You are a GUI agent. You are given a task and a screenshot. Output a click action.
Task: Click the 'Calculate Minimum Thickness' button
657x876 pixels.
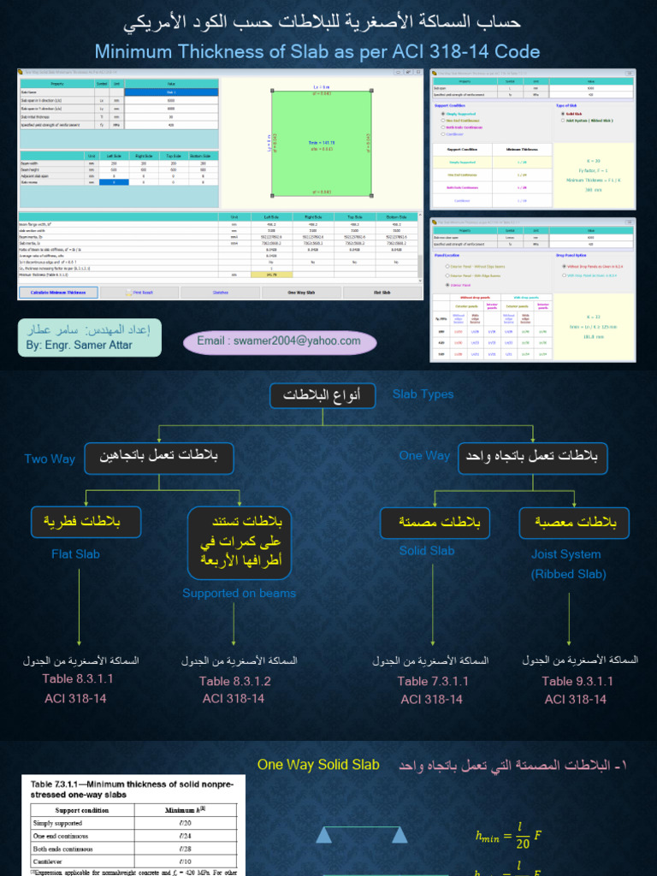click(59, 292)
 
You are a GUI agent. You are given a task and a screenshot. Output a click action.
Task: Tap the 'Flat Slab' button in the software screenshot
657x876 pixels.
click(382, 292)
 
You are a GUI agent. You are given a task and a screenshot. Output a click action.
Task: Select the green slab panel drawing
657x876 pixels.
click(322, 142)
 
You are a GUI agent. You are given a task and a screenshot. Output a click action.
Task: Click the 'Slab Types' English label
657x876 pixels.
click(423, 394)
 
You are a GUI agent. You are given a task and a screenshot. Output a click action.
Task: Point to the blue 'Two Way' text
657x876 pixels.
click(50, 459)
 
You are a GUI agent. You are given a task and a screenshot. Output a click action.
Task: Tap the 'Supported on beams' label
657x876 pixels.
click(239, 593)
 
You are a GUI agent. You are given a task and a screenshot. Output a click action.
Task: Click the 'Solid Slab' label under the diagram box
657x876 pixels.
click(427, 551)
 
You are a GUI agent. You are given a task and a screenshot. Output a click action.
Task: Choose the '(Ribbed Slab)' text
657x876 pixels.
click(568, 574)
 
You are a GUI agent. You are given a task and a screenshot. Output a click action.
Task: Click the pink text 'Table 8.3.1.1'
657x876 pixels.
click(78, 678)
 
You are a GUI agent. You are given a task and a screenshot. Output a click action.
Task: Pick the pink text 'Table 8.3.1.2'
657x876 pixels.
click(235, 681)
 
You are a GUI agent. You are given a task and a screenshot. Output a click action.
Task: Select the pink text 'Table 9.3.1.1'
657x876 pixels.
click(577, 681)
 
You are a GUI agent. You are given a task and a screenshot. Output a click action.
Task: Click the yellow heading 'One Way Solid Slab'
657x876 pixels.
click(318, 765)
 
